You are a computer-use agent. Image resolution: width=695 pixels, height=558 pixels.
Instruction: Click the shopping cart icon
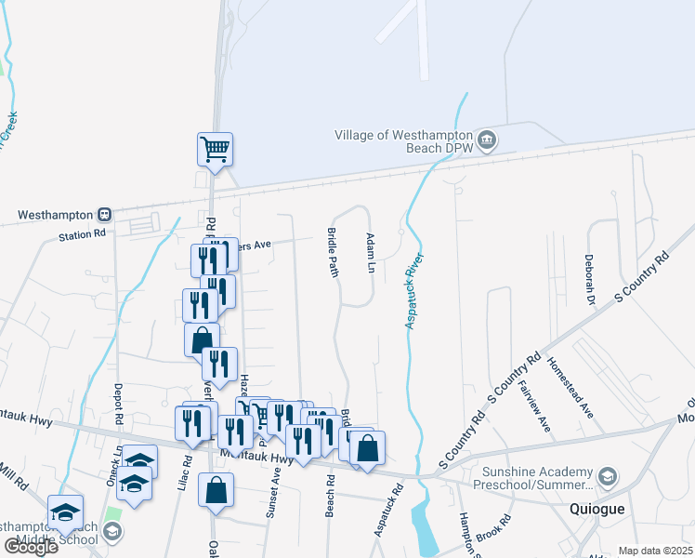[x=215, y=148]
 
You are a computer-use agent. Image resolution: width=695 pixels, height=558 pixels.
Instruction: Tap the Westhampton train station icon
[x=104, y=214]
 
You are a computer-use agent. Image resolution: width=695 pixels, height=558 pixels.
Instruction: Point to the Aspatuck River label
[x=413, y=290]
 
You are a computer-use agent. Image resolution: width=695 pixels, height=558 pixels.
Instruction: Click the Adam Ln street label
[x=370, y=253]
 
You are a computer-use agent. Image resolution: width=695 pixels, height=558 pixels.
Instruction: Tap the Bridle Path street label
[x=333, y=252]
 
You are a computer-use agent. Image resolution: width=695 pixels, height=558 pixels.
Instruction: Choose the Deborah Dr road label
[x=589, y=280]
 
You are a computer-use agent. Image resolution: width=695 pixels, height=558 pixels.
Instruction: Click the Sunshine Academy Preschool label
[x=532, y=478]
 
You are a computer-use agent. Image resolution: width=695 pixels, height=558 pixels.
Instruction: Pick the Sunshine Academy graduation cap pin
[x=607, y=477]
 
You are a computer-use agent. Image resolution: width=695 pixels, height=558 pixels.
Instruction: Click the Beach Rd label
[x=330, y=492]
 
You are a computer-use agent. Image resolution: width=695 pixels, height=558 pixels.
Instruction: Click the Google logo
[x=31, y=546]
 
